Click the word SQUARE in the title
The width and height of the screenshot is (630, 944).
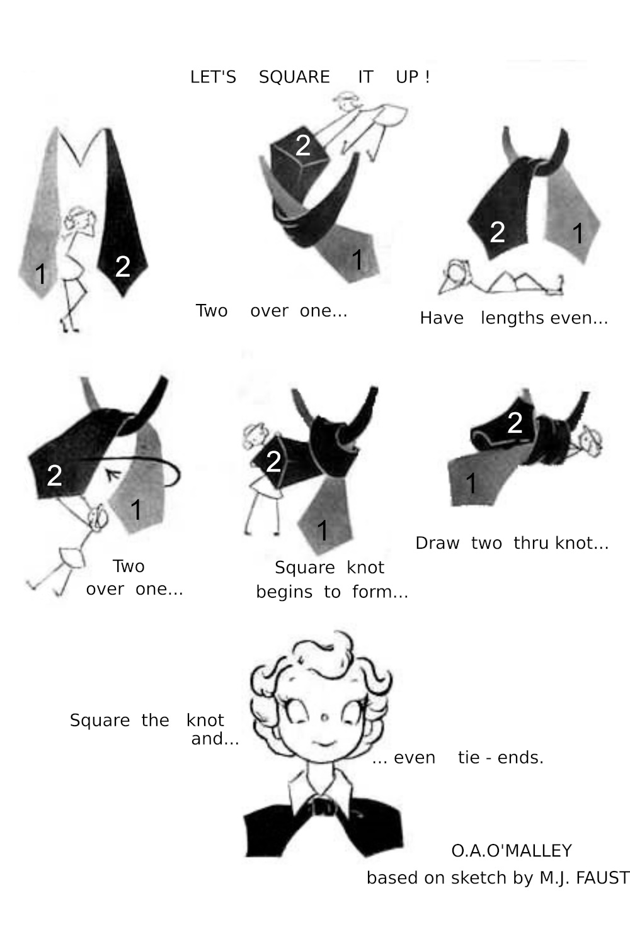tap(294, 77)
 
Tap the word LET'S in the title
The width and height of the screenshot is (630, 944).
tap(213, 77)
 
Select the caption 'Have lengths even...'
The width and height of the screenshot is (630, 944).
tap(513, 318)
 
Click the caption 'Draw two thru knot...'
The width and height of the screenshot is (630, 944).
tap(512, 542)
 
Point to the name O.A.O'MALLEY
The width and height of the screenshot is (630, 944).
tap(511, 851)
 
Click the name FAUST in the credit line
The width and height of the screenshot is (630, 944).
tap(602, 877)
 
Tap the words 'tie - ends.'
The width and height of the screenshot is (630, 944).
tap(500, 757)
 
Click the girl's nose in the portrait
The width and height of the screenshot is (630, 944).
tap(324, 717)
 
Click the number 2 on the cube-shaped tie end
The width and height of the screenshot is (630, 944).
tap(303, 145)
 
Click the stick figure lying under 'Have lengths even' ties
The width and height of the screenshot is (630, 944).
tap(498, 279)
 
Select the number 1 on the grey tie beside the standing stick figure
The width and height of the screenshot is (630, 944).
tap(41, 274)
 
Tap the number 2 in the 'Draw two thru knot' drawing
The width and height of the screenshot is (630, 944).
tap(515, 423)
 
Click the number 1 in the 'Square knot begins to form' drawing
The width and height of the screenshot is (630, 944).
tap(323, 530)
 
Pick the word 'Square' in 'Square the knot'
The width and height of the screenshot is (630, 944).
tap(100, 720)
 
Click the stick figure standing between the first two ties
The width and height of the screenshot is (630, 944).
tap(77, 264)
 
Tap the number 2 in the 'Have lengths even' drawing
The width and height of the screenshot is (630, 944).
tap(497, 232)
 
